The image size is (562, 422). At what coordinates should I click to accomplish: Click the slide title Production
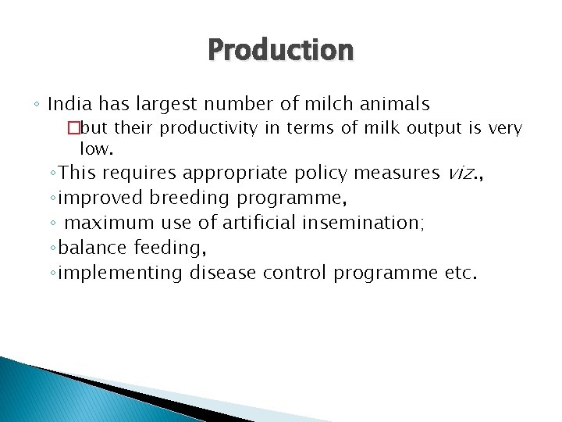click(280, 50)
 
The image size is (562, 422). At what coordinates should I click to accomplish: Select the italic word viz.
click(464, 173)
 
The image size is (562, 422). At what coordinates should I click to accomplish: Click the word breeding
click(190, 198)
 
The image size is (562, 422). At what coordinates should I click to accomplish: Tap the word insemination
click(363, 223)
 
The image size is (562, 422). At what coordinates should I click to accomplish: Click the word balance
click(93, 248)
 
